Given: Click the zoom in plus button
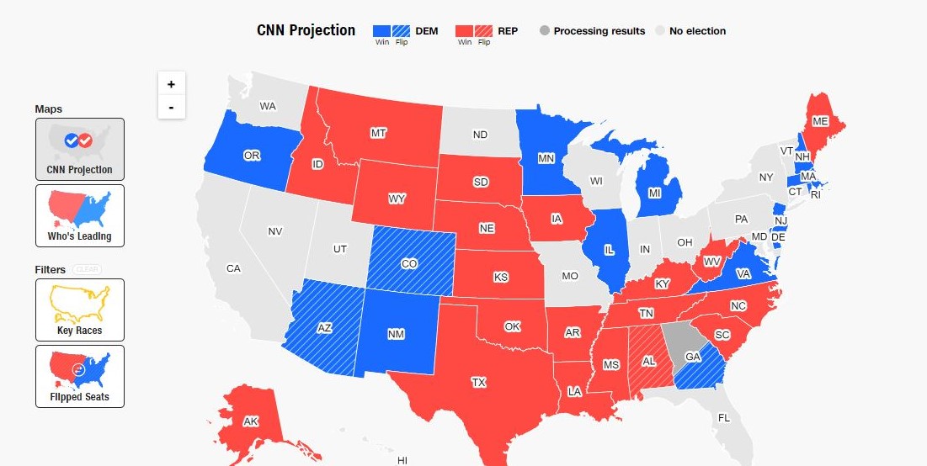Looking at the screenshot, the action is [x=172, y=84].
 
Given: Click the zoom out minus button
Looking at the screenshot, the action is [x=172, y=107].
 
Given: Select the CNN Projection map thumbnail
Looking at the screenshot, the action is [x=80, y=150].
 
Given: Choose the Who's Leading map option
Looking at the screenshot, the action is [x=80, y=215].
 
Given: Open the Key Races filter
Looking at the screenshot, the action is [x=80, y=310].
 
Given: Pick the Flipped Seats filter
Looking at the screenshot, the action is [x=80, y=376].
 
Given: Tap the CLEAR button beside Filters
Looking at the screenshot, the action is [x=87, y=269].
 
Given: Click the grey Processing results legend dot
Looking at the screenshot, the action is [x=545, y=31].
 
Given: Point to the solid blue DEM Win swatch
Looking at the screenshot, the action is [x=382, y=31].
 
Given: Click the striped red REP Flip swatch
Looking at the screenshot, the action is [x=484, y=31].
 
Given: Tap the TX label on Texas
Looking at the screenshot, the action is [x=478, y=383].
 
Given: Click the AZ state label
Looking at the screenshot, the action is [x=324, y=328].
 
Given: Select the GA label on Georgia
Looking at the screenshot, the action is [x=692, y=357].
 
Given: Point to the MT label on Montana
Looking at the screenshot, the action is [x=378, y=133].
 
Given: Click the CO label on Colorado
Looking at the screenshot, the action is [x=409, y=264].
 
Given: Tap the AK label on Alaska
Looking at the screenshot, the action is [x=251, y=421].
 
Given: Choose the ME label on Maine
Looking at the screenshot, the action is [x=820, y=122].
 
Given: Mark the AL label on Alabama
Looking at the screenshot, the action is [x=649, y=362].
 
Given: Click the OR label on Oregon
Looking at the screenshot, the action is [x=252, y=156].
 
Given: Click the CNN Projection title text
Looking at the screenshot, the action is [x=306, y=30].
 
